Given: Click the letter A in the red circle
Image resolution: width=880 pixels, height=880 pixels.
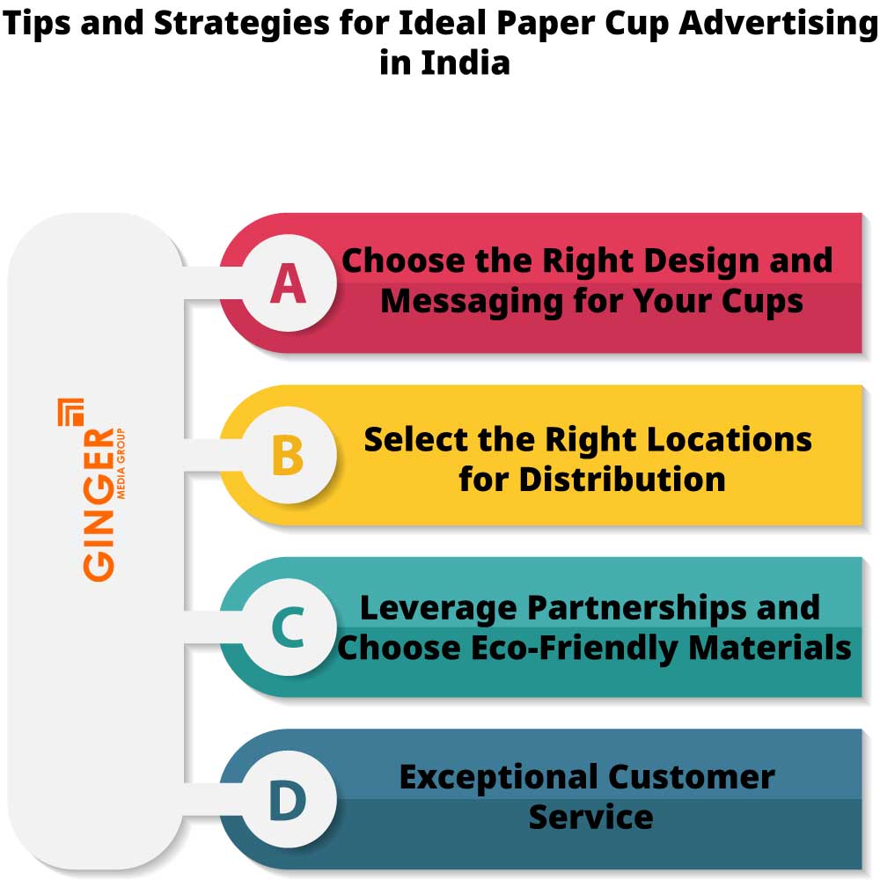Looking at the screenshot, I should pyautogui.click(x=289, y=283).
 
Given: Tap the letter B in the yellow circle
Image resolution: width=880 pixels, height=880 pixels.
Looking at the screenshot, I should pyautogui.click(x=288, y=456).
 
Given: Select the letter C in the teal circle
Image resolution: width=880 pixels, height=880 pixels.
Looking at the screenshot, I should pyautogui.click(x=288, y=627).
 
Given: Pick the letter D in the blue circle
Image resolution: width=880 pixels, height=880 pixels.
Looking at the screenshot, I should pyautogui.click(x=288, y=800).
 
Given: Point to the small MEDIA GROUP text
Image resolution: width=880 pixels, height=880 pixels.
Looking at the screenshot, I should pyautogui.click(x=121, y=463).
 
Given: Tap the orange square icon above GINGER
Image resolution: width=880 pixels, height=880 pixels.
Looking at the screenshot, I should pyautogui.click(x=71, y=412).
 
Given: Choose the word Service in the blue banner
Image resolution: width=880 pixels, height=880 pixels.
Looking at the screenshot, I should pyautogui.click(x=590, y=817).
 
